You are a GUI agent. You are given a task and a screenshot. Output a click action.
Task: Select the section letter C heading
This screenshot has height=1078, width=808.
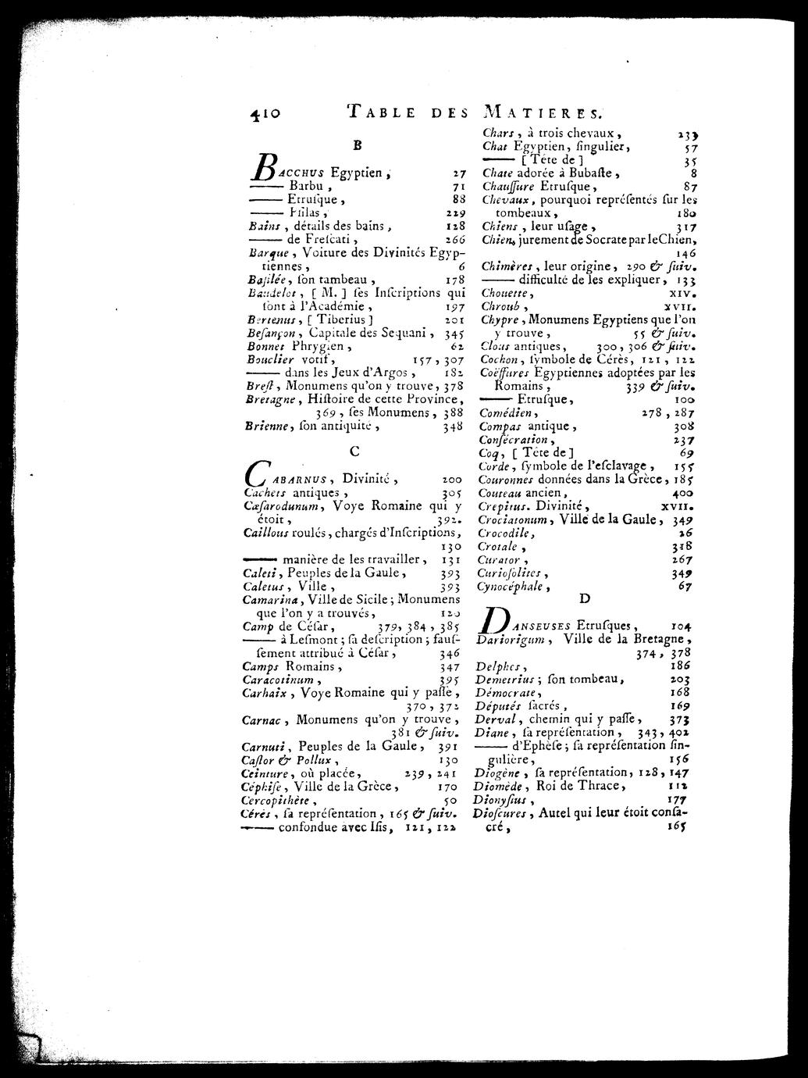354,451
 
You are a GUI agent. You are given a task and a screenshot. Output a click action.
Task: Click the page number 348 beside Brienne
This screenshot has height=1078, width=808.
452,427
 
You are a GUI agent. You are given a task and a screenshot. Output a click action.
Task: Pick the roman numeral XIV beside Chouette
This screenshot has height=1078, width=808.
683,293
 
